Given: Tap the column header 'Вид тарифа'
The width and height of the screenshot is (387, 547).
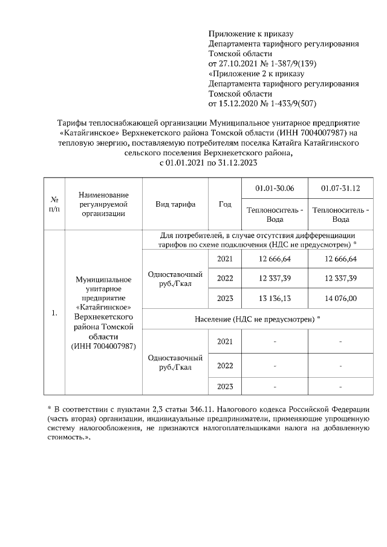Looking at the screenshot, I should pos(175,204).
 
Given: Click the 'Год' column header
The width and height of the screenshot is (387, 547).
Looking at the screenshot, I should pos(225,204).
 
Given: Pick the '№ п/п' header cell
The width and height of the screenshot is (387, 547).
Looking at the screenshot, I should pos(54,204).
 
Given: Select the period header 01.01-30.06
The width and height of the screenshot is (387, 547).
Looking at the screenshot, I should pos(275,188).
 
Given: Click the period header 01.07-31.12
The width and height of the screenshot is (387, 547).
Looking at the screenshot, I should pos(340,188).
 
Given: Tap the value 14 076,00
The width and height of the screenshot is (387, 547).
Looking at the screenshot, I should pos(340,298).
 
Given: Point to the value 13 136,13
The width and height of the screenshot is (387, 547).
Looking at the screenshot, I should pos(275,298).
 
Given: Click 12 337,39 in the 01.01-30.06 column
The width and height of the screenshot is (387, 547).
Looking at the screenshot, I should pos(275,278).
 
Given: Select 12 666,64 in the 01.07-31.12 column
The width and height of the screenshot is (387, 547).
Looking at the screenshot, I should pos(340,259).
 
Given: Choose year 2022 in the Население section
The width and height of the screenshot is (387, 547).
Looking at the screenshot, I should pos(225,366).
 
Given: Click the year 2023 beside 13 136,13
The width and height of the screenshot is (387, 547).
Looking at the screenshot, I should pos(225,298).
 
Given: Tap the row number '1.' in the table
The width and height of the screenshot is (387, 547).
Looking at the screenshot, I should pos(54,312).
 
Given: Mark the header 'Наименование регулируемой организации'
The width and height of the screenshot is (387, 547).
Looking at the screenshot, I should pos(104,204).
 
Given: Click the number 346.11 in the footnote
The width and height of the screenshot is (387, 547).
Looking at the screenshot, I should pos(187,409).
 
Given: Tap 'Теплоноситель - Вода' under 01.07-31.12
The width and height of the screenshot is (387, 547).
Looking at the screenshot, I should pos(340,215).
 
